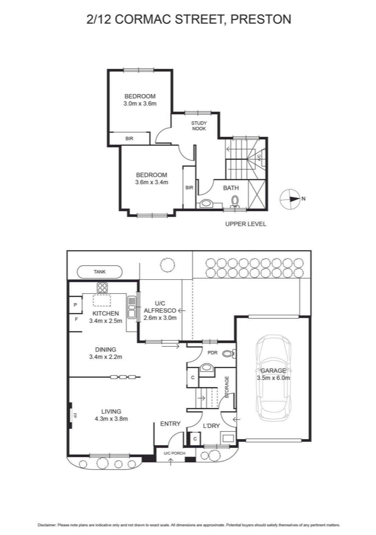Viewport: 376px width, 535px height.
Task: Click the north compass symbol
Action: point(289,199)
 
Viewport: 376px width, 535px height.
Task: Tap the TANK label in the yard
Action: point(100,272)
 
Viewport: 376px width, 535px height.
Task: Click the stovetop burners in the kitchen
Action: point(102,288)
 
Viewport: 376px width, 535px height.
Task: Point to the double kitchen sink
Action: point(131,307)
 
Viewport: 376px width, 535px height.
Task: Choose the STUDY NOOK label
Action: point(199,126)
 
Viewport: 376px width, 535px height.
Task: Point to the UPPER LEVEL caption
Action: point(246,224)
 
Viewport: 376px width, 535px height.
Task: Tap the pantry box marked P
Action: point(76,305)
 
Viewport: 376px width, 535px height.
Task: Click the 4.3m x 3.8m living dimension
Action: point(111,419)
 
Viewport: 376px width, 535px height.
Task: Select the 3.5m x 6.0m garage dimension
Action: point(273,378)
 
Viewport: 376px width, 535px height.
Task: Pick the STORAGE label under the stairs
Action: point(227,387)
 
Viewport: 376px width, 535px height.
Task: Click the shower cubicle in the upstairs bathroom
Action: point(257,195)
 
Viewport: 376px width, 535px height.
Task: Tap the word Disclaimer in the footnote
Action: point(46,525)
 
